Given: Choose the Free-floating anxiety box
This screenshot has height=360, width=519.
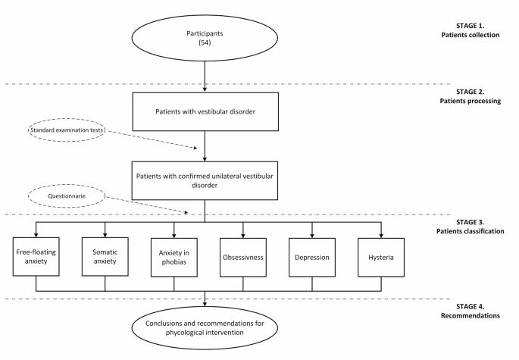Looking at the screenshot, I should pos(36,257).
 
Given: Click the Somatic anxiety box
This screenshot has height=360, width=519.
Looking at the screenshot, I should pos(105,257).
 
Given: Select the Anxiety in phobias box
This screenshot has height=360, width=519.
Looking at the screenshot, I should pos(174,257).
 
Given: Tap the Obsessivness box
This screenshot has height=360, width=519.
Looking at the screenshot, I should pos(243,257).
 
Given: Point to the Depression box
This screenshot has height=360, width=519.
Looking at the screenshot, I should pos(312,257).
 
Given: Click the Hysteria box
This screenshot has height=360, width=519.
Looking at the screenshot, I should pos(381,257).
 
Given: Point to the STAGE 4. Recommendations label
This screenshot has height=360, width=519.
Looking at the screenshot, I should pos(476,310).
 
